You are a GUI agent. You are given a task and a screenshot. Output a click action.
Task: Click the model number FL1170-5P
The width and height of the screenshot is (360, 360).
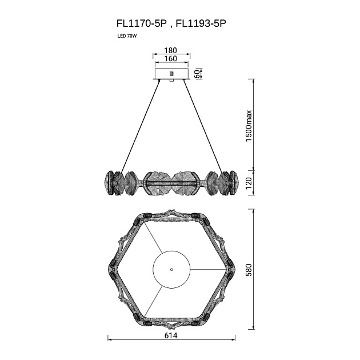tap(142, 23)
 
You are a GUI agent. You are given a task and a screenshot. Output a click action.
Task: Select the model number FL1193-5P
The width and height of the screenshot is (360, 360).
tap(201, 23)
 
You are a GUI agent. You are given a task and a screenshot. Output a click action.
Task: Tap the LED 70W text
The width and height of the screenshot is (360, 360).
tap(127, 36)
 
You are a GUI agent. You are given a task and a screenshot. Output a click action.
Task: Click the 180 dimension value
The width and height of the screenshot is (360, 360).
tap(171, 50)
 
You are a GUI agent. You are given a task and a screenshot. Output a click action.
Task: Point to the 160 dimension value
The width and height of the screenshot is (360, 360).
tap(171, 58)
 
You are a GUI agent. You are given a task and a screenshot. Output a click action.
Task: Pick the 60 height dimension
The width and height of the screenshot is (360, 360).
tap(197, 74)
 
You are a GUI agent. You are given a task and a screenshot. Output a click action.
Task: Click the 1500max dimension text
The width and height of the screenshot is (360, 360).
tap(249, 126)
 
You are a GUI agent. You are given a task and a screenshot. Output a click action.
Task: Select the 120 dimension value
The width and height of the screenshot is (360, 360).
tap(249, 183)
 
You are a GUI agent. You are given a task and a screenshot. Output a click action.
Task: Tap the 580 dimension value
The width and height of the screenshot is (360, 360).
tap(249, 270)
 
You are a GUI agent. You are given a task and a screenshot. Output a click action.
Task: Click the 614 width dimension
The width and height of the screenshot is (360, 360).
tap(171, 335)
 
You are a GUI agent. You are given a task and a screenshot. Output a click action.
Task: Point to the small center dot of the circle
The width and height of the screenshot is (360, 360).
tap(171, 270)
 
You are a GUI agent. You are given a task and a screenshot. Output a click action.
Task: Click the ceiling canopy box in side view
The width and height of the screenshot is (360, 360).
tap(172, 74)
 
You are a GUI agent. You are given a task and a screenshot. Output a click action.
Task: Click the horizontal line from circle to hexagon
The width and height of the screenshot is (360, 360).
tap(208, 269)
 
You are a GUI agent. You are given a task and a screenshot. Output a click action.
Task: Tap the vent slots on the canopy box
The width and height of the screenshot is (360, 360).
tap(171, 74)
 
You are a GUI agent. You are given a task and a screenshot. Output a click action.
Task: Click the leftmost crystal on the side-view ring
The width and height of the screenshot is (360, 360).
tap(109, 183)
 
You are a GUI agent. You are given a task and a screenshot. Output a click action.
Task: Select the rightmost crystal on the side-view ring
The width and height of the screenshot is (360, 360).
tap(234, 183)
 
